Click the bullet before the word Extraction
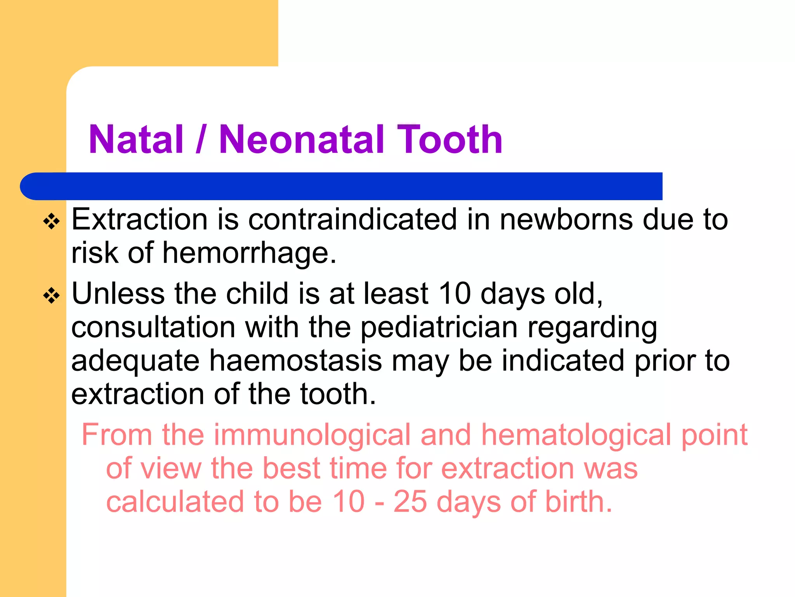(x=52, y=222)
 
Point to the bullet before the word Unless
(x=52, y=296)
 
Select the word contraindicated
(x=352, y=220)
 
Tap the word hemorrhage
(x=249, y=253)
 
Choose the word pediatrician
(x=439, y=327)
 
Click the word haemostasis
(x=295, y=361)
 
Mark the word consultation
(x=153, y=327)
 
